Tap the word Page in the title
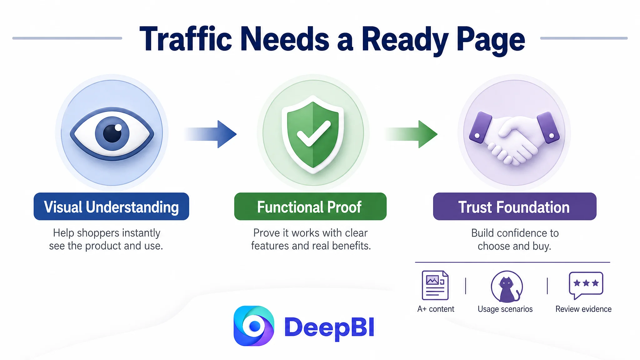[x=491, y=41]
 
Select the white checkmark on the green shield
[x=313, y=133]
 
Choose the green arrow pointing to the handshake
[x=411, y=134]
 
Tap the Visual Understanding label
[x=111, y=207]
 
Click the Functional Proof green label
[x=310, y=207]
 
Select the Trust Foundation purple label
[x=515, y=207]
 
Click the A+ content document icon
[x=435, y=285]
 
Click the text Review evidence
[x=583, y=309]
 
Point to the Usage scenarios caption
[x=505, y=309]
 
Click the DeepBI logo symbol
[x=254, y=326]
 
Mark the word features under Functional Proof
[x=270, y=246]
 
